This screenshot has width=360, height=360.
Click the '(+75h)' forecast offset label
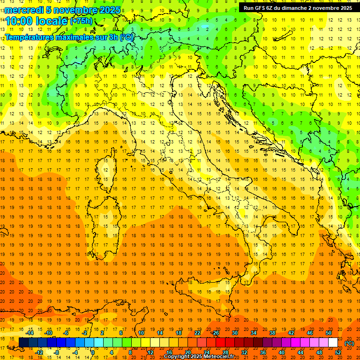82,21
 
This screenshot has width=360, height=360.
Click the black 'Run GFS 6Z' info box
298,7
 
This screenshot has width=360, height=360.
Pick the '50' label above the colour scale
329,333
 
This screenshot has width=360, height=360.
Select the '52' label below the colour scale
338,352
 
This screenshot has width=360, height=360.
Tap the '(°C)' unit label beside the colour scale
349,343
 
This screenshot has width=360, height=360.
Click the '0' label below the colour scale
93,352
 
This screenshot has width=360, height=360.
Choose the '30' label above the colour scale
235,333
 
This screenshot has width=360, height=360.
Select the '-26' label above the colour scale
215,333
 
